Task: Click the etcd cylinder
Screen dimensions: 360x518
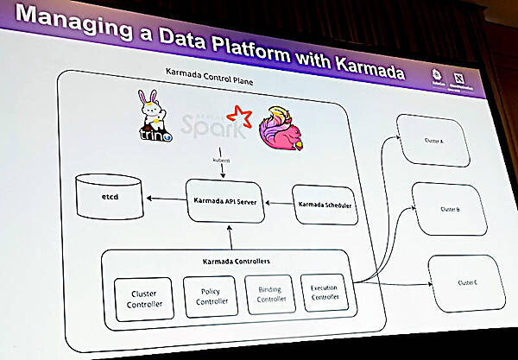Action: tap(109, 197)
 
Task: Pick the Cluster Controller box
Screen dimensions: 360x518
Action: tap(142, 298)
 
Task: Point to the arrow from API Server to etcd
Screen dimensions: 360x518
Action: tap(165, 200)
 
